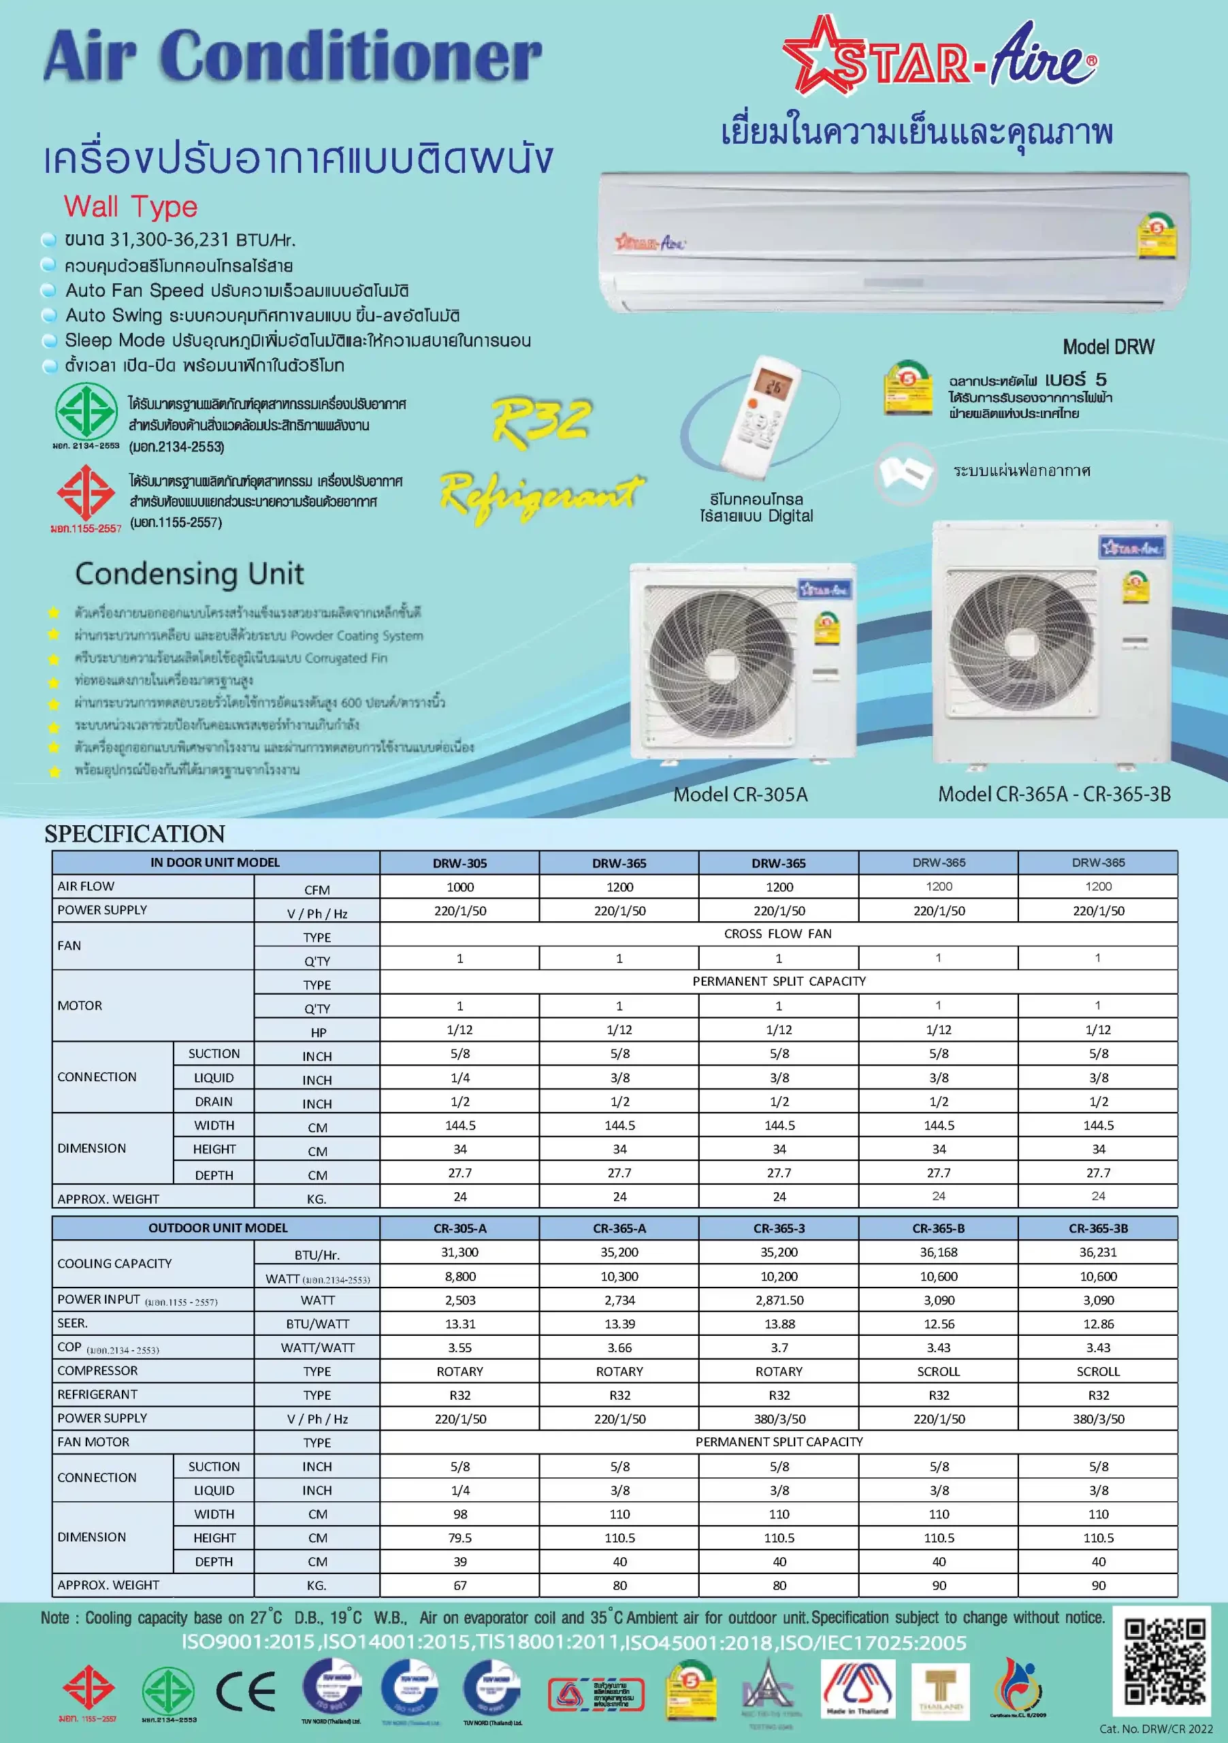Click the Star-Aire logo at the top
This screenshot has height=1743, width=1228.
(939, 58)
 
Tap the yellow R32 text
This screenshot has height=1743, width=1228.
(541, 420)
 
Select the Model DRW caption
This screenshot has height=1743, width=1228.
(1108, 347)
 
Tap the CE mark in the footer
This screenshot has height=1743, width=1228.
(246, 1691)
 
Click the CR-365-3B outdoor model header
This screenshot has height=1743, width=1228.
(1097, 1228)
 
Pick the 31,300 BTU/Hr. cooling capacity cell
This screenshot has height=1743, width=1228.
(459, 1252)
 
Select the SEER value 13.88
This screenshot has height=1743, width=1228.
(779, 1323)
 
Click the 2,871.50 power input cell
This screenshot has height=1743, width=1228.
(779, 1300)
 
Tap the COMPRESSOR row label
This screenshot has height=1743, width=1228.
(98, 1371)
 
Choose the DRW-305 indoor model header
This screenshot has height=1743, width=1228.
(459, 863)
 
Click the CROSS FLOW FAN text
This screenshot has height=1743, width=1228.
(777, 933)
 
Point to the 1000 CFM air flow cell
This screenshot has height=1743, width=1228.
(459, 886)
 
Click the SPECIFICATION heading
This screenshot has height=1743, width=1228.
(134, 833)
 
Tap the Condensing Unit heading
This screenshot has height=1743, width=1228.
(189, 573)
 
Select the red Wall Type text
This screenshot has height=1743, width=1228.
(131, 206)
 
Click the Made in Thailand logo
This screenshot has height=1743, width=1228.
(858, 1690)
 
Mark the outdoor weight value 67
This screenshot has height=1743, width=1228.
(459, 1585)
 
